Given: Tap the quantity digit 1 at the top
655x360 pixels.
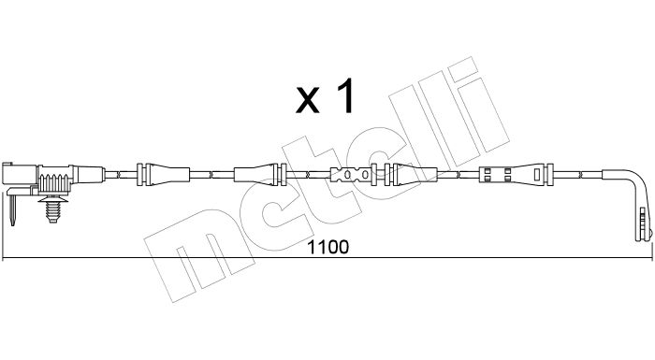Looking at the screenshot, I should pyautogui.click(x=344, y=97).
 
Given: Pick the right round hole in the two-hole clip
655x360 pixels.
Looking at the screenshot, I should pyautogui.click(x=361, y=175).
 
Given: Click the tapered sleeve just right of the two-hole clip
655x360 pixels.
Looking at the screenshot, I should pyautogui.click(x=417, y=174).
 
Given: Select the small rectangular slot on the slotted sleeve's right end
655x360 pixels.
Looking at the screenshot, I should pyautogui.click(x=523, y=175).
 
